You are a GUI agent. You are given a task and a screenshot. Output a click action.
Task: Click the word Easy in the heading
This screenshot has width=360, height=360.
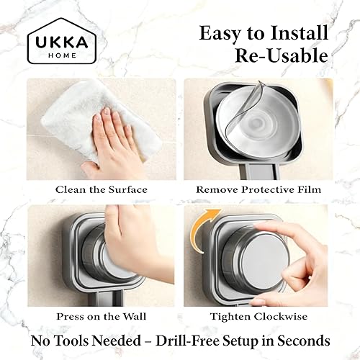[x=219, y=33]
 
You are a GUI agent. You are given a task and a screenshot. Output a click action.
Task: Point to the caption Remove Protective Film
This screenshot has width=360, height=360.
[x=258, y=190]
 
